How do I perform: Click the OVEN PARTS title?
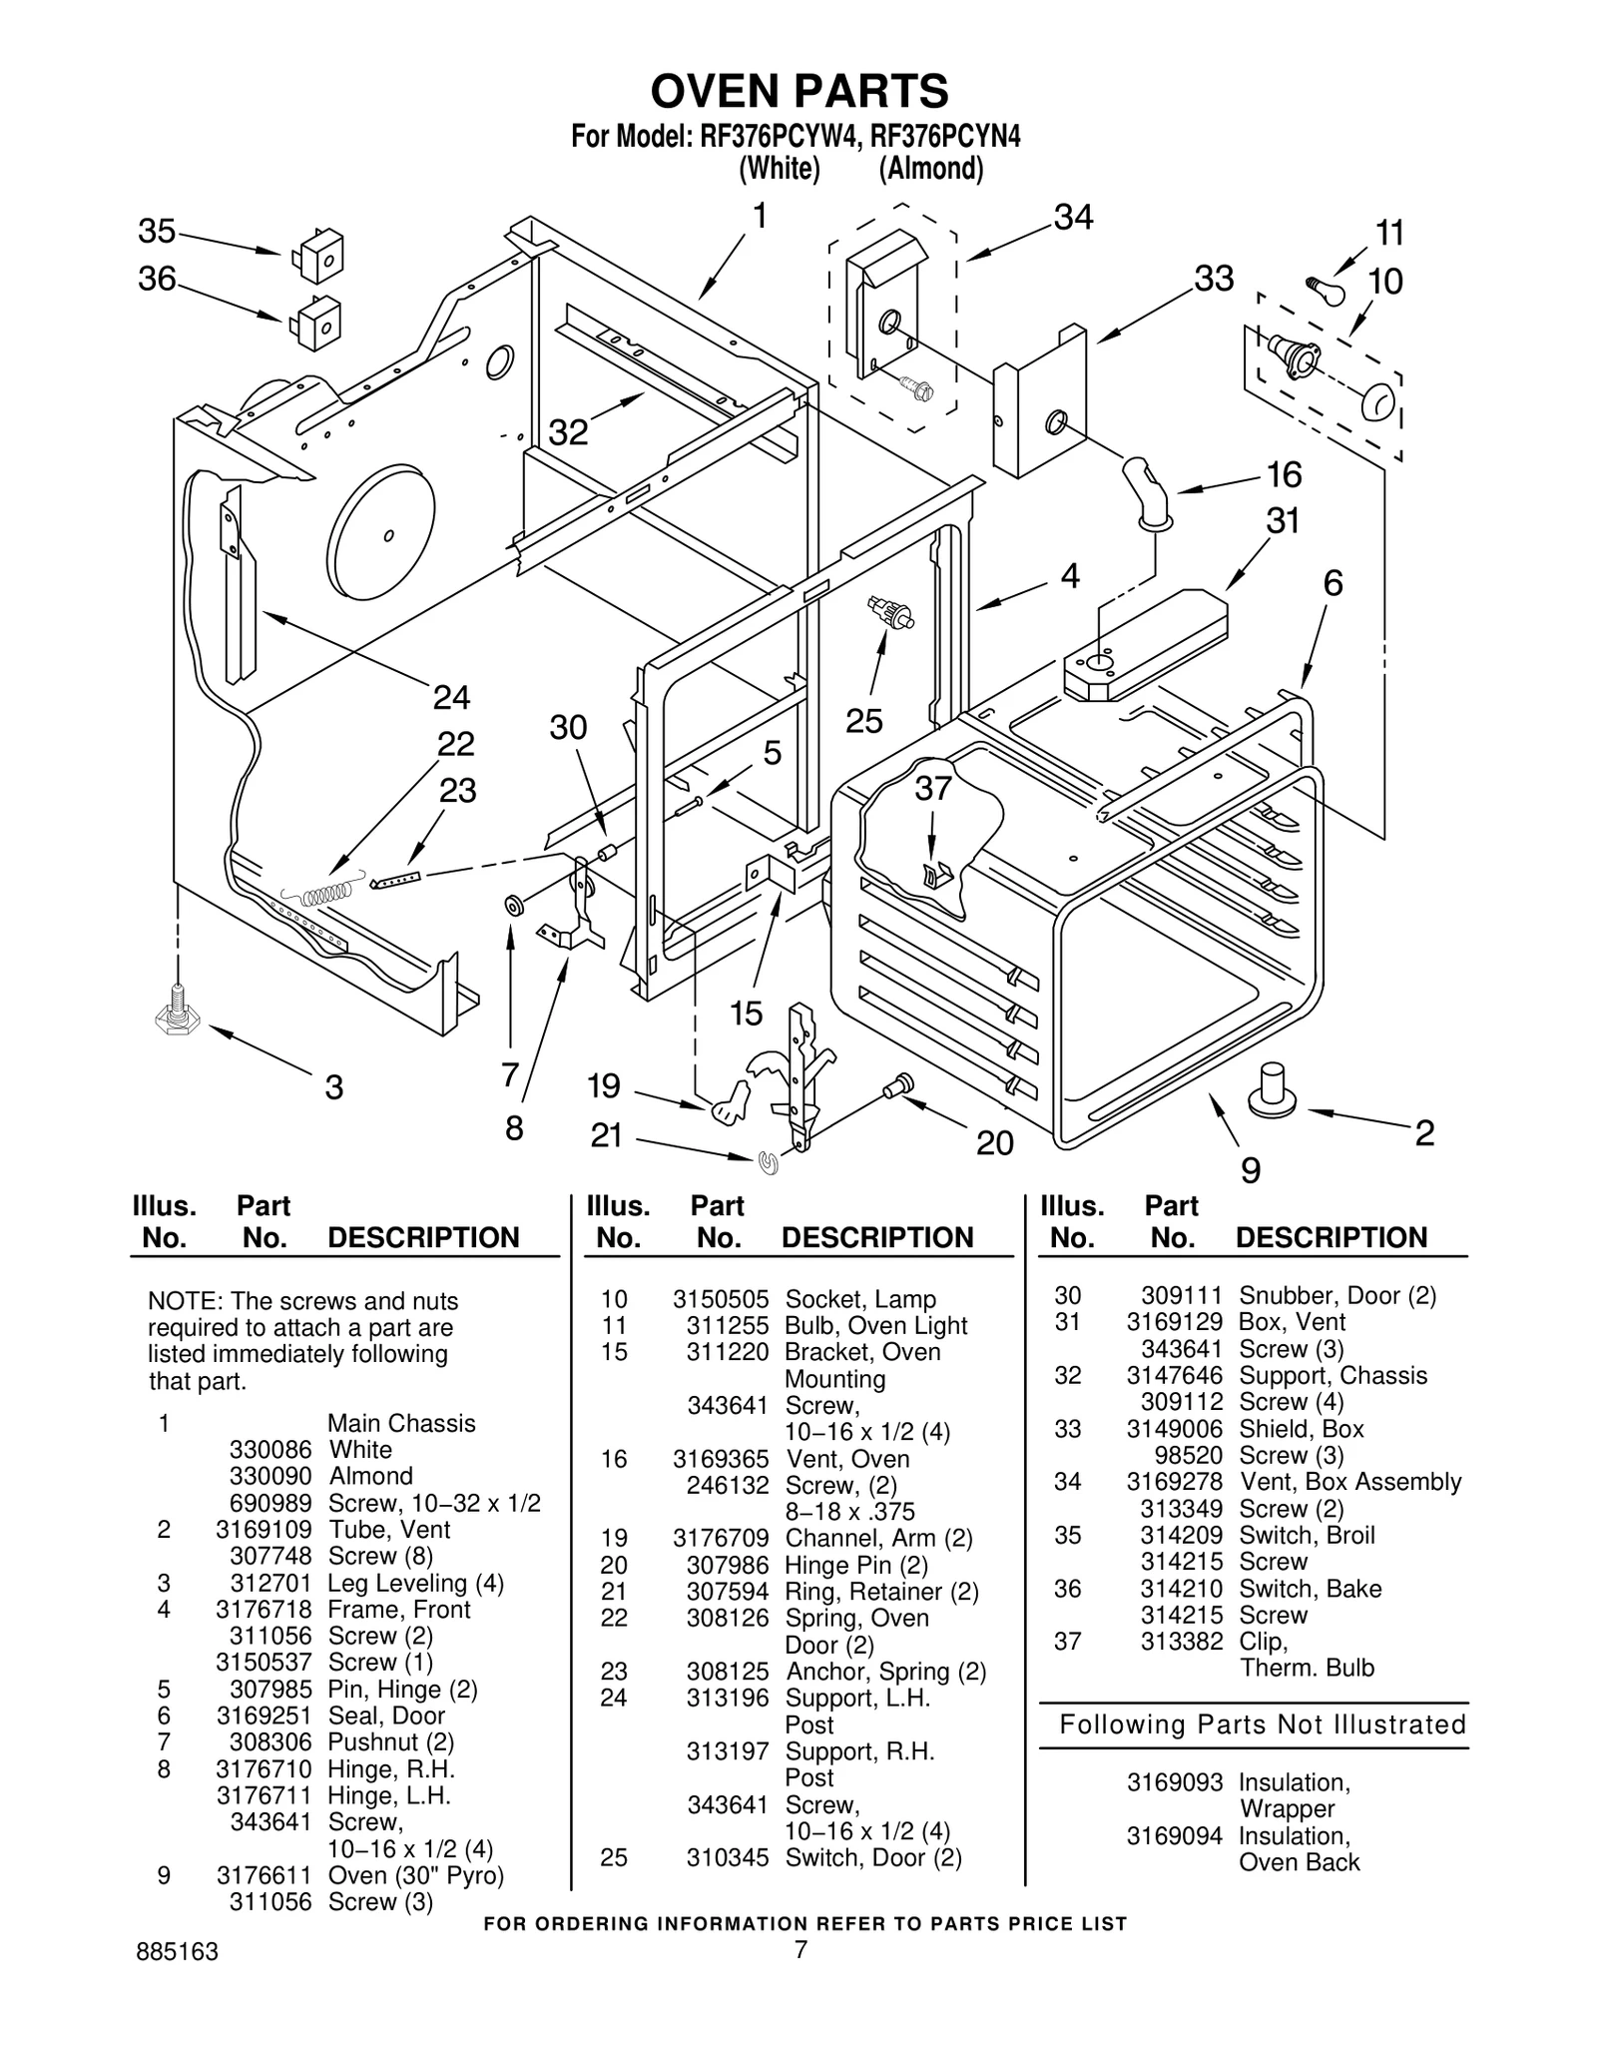[799, 92]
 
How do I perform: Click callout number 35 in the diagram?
[157, 232]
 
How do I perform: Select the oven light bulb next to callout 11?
[1325, 289]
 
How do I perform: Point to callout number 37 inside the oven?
[933, 789]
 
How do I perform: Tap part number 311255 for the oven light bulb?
[728, 1325]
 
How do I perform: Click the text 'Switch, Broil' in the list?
[1307, 1535]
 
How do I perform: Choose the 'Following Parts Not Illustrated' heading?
[1262, 1724]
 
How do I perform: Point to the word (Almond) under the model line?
[930, 169]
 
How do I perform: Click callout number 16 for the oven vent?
[1284, 475]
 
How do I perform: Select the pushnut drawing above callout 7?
[514, 906]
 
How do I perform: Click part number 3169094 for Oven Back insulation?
[1174, 1835]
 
